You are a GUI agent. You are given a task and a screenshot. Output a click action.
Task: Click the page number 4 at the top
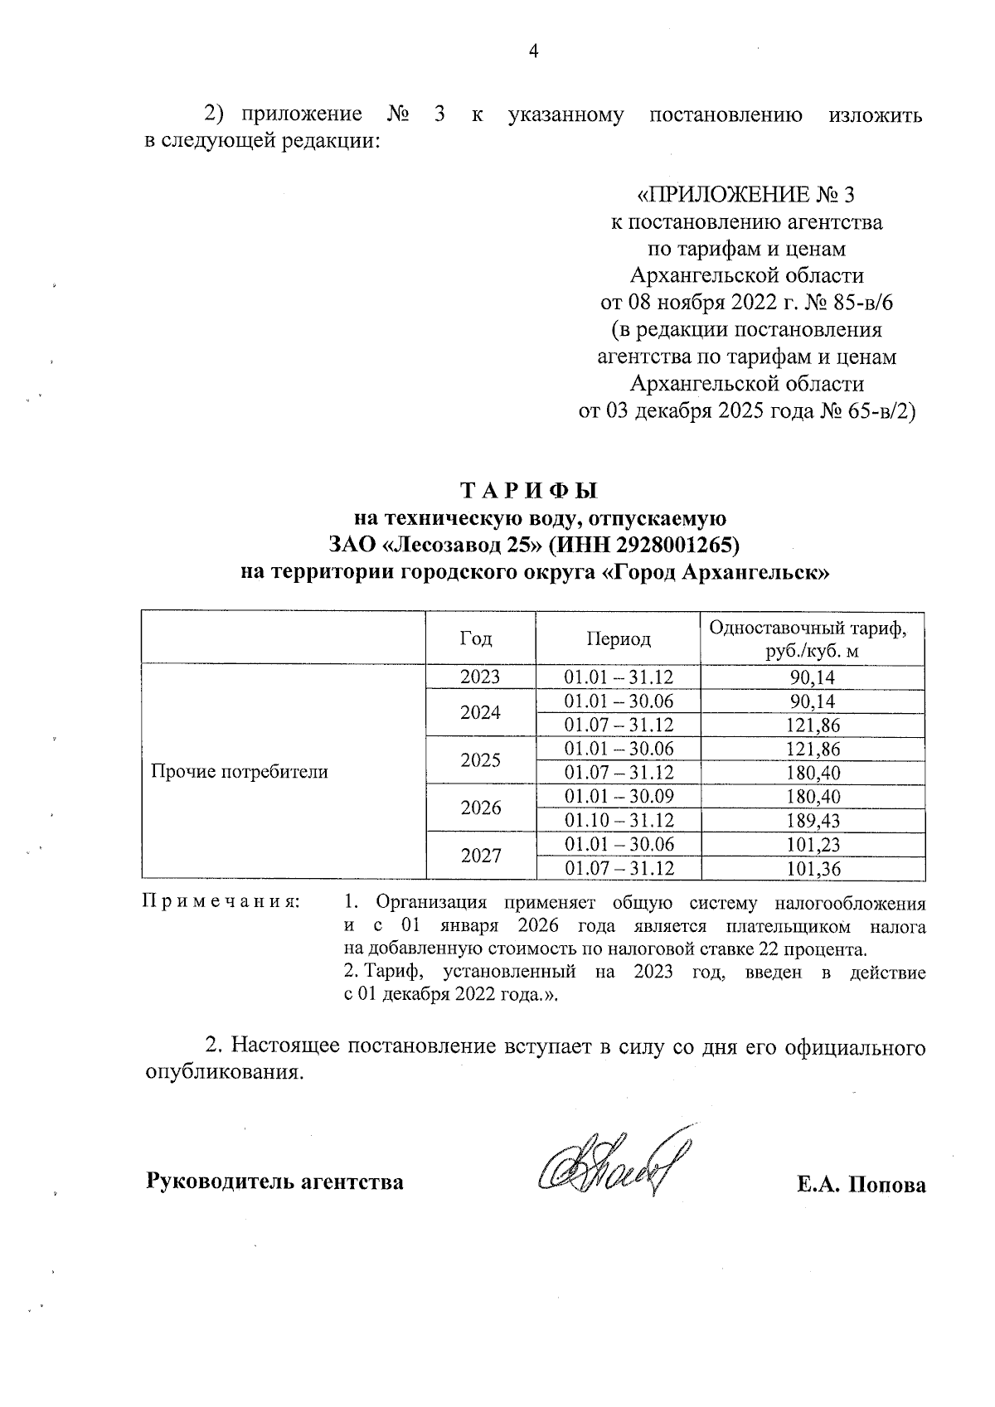click(533, 51)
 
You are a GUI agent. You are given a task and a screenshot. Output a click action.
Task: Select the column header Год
click(479, 638)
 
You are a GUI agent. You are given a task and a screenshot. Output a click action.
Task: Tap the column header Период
click(618, 638)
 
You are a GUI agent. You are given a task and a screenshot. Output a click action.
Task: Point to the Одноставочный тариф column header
click(812, 638)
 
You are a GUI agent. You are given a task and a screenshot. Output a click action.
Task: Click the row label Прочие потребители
click(240, 772)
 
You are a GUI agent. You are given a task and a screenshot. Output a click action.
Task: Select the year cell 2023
click(480, 677)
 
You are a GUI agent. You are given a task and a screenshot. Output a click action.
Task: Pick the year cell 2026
click(480, 808)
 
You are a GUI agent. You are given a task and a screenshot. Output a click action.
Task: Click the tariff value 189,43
click(813, 821)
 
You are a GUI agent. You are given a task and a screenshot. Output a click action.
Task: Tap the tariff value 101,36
click(813, 869)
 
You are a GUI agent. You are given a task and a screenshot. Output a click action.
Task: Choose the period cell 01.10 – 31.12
click(619, 821)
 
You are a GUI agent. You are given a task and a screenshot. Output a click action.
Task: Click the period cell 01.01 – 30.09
click(619, 797)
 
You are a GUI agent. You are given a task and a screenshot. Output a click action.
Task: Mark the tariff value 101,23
click(813, 845)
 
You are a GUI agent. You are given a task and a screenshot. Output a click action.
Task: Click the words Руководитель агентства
click(275, 1181)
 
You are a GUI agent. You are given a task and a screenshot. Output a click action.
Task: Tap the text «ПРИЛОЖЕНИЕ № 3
click(745, 195)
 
